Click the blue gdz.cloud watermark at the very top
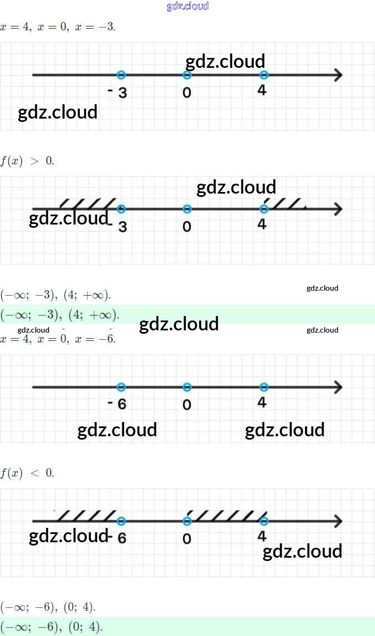coord(187,7)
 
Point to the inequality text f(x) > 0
coord(27,161)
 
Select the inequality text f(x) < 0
coord(27,473)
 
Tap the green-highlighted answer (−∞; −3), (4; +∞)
coord(60,315)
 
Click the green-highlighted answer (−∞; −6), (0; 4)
coord(52,627)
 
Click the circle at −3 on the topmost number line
coord(122,75)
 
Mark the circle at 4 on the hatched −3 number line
coord(264,209)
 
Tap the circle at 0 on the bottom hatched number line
coord(187,521)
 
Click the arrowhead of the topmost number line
coord(337,75)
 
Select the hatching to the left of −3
coord(88,203)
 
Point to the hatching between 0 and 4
coord(225,515)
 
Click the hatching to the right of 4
coord(286,203)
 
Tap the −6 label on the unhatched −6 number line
coord(117,404)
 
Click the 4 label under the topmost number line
coord(262,90)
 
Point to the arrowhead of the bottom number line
coord(337,521)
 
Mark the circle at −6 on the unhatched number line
coord(122,387)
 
